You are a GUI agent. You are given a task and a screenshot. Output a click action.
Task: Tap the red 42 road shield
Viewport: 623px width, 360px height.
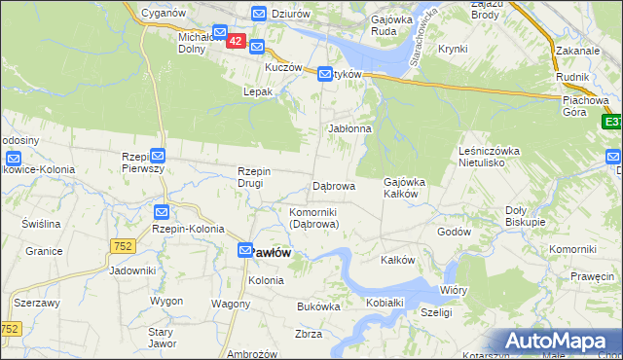(x=236, y=42)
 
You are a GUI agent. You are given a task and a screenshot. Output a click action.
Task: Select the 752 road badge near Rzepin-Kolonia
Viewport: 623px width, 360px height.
(x=123, y=247)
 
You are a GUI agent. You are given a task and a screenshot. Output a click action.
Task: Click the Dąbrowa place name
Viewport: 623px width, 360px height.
(x=333, y=185)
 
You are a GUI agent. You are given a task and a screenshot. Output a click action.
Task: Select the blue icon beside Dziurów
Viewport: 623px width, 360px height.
(x=259, y=14)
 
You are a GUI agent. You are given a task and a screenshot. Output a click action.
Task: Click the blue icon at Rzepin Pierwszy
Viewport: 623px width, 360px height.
(x=159, y=155)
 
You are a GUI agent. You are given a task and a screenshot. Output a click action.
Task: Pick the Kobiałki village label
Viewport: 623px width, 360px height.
(x=385, y=304)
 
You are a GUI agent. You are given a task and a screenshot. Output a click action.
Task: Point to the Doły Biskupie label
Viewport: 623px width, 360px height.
(x=525, y=215)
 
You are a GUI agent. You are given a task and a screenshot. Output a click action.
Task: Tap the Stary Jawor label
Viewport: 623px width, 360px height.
(x=160, y=338)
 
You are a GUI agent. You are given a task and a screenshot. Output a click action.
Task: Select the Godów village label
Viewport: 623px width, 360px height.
(x=454, y=232)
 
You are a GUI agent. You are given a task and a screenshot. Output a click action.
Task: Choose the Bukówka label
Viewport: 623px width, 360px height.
(x=318, y=306)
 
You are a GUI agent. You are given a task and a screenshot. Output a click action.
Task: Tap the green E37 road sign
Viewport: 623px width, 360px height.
(x=612, y=123)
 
